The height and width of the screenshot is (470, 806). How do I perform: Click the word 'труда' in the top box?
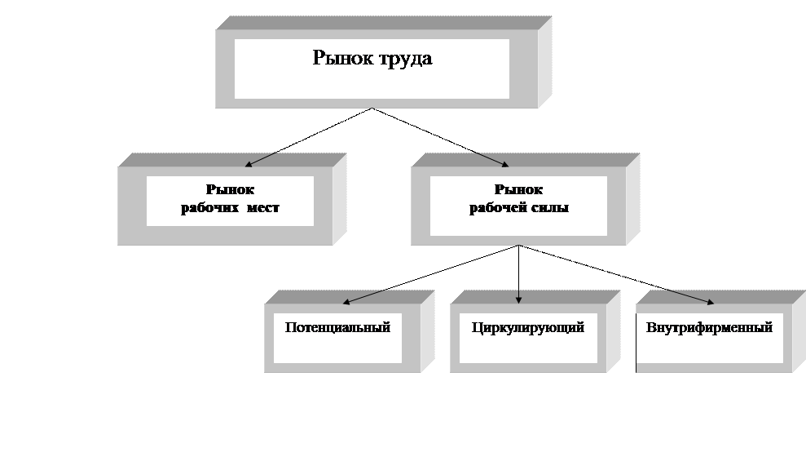click(403, 60)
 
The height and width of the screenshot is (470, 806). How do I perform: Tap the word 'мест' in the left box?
click(262, 208)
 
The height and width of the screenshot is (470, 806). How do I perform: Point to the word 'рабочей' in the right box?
click(497, 208)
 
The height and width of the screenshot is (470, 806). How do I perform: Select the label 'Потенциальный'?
click(337, 328)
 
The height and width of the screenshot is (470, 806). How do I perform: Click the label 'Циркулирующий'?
click(527, 328)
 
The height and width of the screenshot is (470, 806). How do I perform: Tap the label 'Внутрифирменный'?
click(709, 328)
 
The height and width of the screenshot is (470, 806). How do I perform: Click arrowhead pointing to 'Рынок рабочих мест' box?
click(249, 163)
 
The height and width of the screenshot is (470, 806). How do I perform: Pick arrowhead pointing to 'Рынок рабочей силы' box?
click(505, 163)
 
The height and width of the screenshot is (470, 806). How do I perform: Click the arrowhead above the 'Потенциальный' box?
click(346, 302)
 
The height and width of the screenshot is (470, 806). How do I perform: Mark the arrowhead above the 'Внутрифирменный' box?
click(711, 302)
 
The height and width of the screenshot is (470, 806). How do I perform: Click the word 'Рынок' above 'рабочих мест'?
click(230, 189)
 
